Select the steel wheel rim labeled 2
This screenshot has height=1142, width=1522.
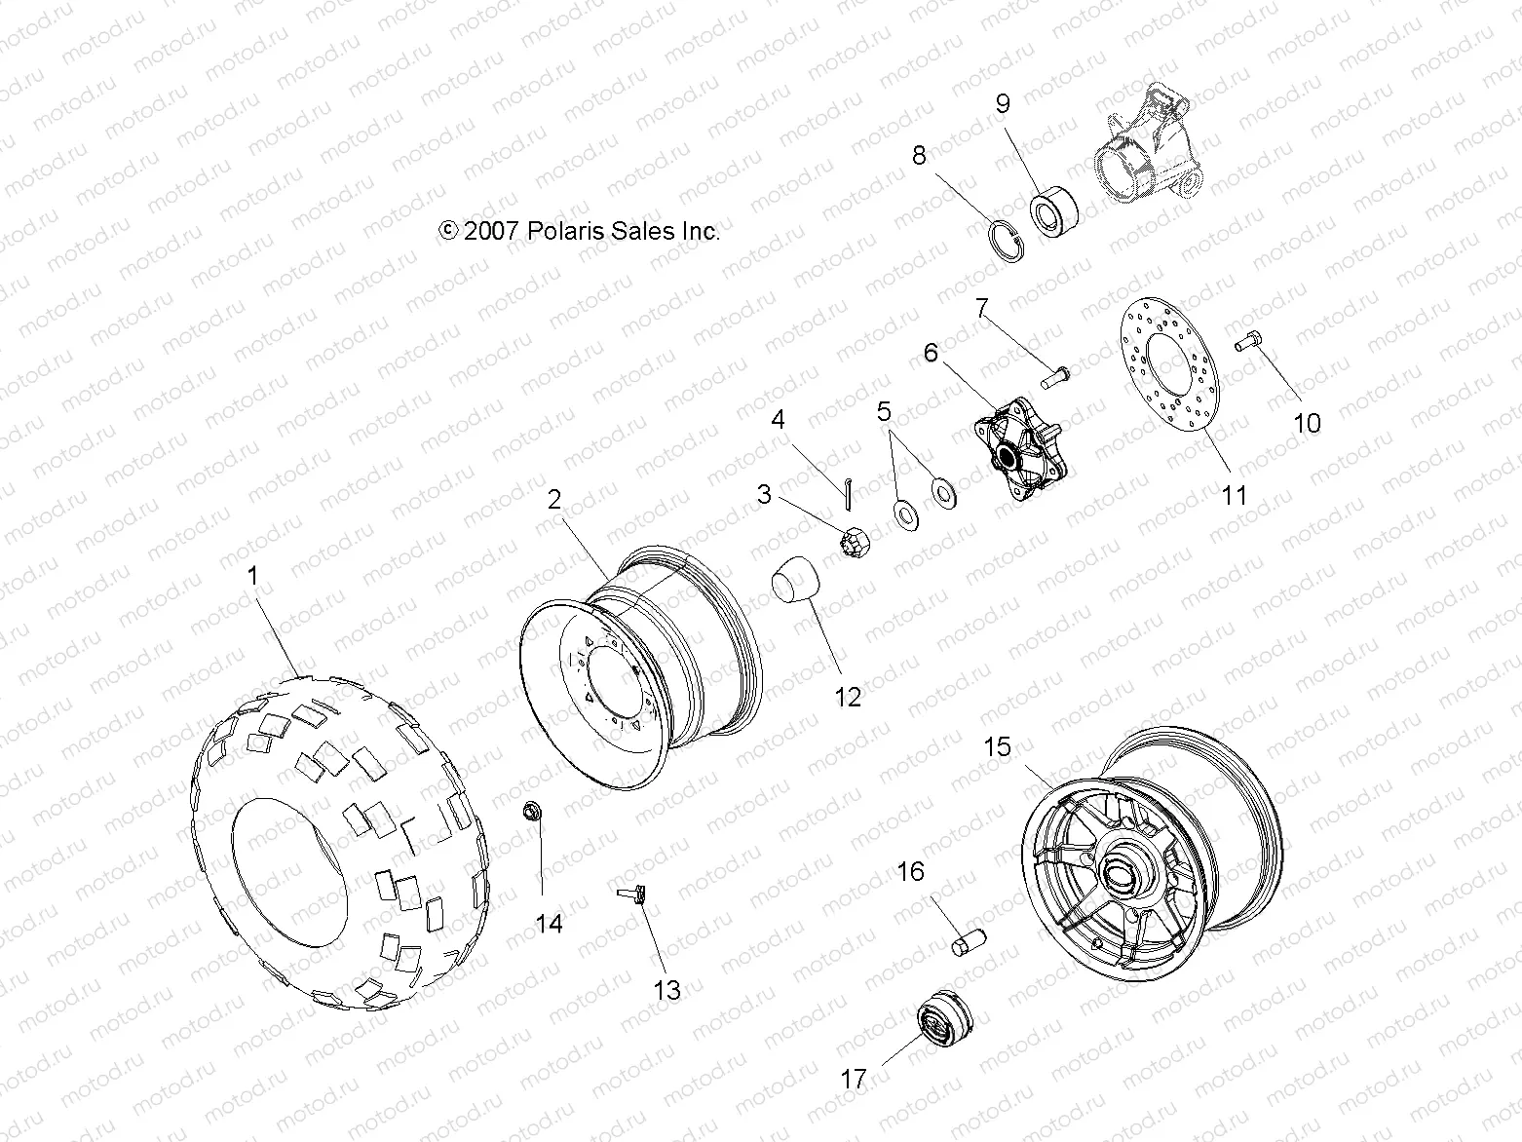[x=624, y=672]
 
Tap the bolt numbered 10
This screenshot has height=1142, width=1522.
[x=1248, y=341]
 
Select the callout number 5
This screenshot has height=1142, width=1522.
[x=884, y=411]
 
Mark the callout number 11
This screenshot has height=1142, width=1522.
[x=1235, y=495]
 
